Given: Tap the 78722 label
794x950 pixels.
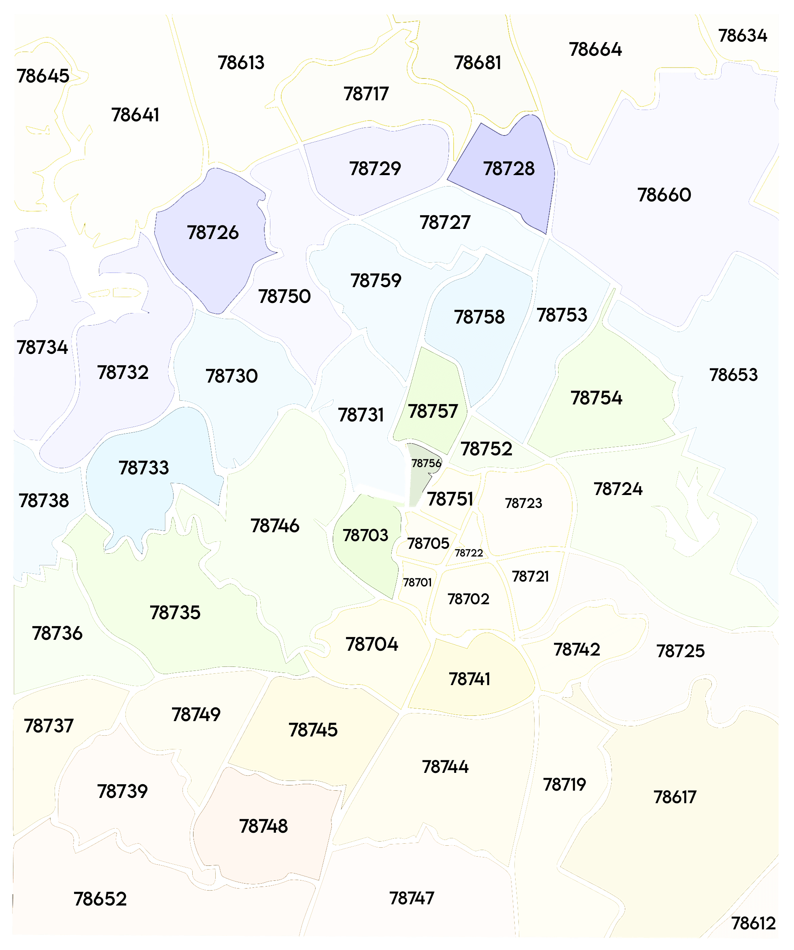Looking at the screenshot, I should [x=469, y=553].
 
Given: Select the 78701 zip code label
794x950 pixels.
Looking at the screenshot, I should [x=417, y=582].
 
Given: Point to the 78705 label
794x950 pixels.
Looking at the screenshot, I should [x=428, y=543].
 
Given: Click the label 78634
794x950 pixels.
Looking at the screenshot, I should [x=742, y=36].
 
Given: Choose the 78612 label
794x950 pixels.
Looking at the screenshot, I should [x=754, y=923].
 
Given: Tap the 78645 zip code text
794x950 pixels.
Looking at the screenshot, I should [x=43, y=76].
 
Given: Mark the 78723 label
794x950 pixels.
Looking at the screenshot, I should [x=523, y=503].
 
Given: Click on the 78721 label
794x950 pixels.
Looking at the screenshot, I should [x=530, y=576].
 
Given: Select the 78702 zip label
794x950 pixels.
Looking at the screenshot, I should [x=468, y=599].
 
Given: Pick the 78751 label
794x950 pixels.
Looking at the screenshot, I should [x=450, y=499].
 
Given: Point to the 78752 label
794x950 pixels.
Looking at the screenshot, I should [x=486, y=449].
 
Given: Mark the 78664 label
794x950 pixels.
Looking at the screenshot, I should [x=595, y=49].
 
